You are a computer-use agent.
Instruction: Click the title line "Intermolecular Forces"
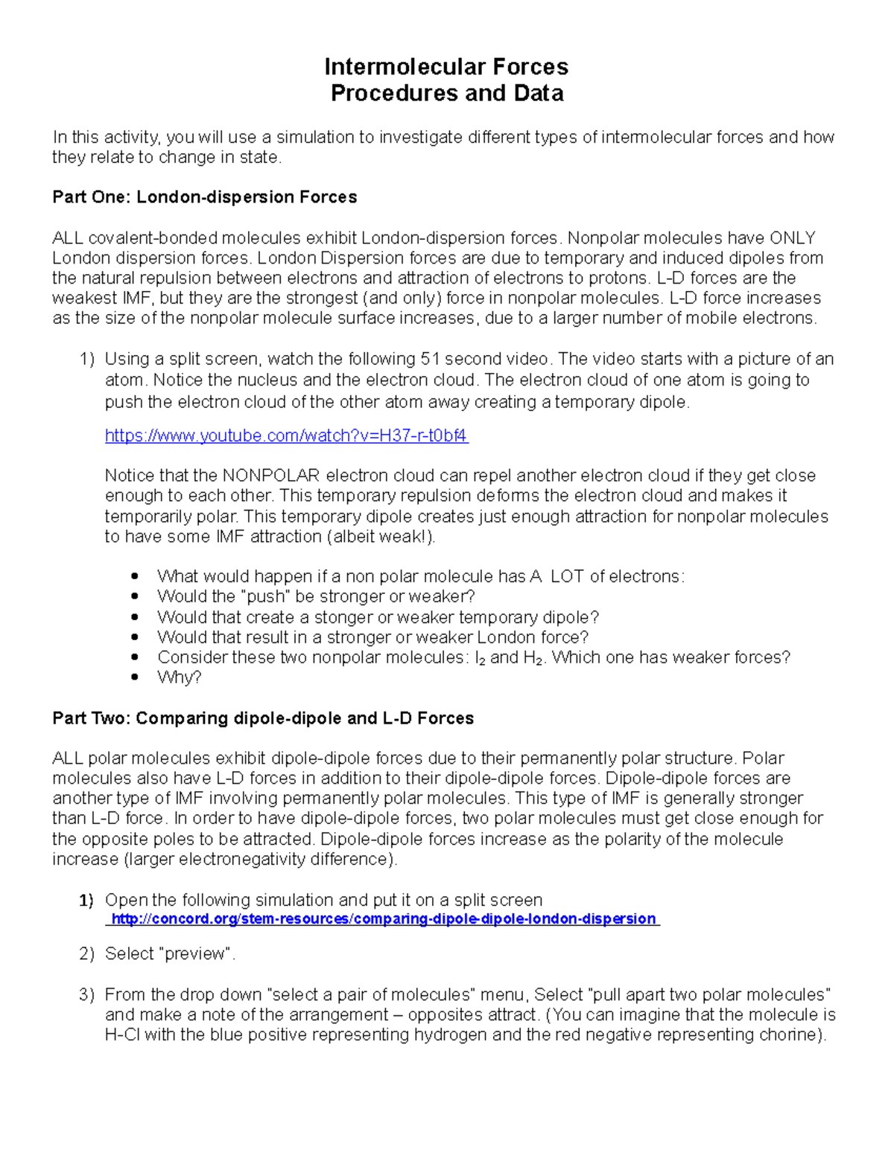tap(446, 67)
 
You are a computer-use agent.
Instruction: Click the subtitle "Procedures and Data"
tap(446, 93)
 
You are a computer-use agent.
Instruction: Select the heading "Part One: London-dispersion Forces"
tap(204, 197)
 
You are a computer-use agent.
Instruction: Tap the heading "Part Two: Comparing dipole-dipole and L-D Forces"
tap(263, 718)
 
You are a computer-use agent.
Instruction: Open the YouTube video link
tap(286, 435)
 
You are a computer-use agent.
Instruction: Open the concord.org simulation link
tap(383, 919)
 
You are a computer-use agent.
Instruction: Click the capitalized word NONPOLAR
tap(271, 476)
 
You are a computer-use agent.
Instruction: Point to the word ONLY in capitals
tap(793, 238)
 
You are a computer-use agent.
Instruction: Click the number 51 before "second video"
tap(430, 359)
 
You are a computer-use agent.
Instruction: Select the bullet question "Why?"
tap(179, 677)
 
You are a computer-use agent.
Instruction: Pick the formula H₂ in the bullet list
tap(532, 658)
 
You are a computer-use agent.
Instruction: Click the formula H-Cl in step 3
tap(122, 1035)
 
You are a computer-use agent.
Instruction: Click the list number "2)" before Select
tap(87, 954)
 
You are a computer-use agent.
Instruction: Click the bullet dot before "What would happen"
tap(135, 576)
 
